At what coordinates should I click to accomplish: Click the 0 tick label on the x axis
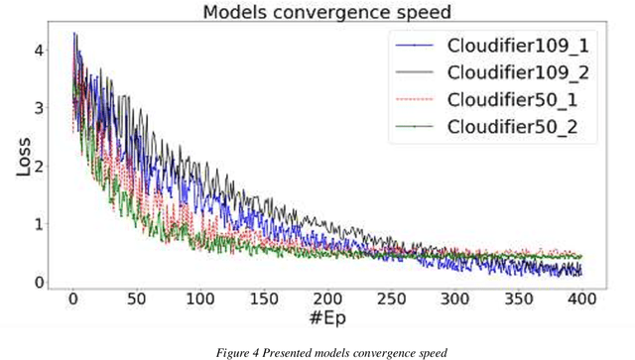(72, 299)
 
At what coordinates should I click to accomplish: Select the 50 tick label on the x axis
(136, 299)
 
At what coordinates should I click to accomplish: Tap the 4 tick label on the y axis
(39, 50)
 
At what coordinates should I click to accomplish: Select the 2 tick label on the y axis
(39, 166)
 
